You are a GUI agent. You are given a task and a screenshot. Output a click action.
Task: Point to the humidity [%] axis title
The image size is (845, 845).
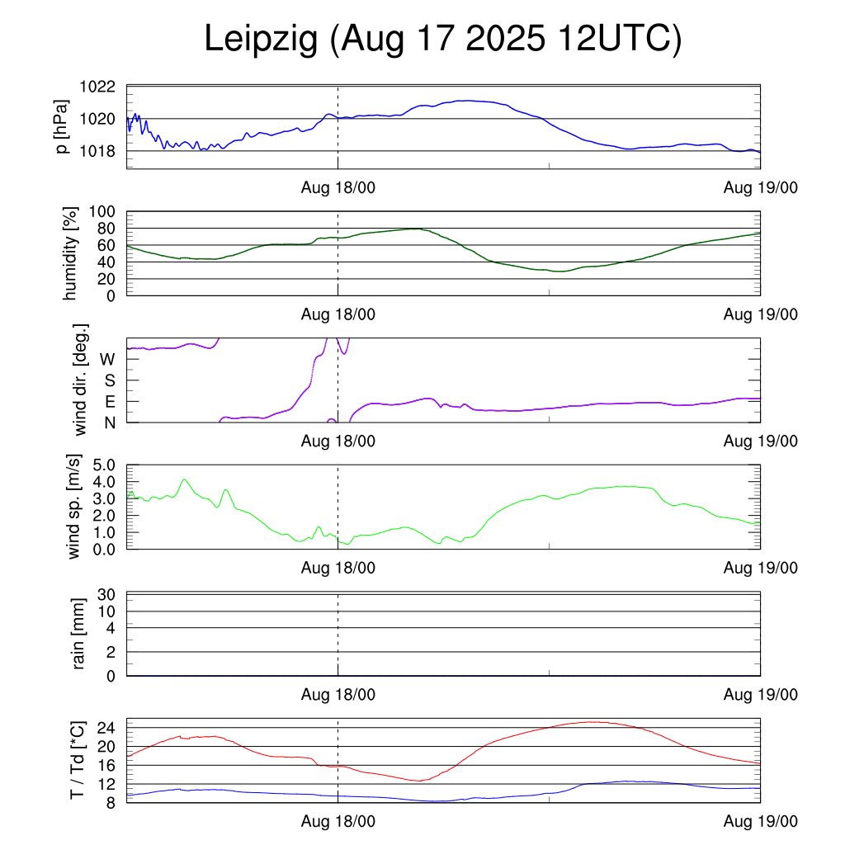tap(72, 253)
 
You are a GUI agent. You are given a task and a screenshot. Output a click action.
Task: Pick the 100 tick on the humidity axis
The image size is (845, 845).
tap(105, 211)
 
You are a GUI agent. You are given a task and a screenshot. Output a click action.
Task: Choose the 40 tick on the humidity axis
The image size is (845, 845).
tap(108, 262)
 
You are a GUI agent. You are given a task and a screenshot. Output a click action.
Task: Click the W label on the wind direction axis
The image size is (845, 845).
tap(107, 359)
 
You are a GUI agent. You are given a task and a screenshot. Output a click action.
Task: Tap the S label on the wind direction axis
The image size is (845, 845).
tap(108, 380)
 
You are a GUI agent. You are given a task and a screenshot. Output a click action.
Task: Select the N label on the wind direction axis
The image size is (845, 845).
tap(108, 422)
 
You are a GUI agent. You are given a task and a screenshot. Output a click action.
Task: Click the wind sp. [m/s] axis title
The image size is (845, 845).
tap(75, 507)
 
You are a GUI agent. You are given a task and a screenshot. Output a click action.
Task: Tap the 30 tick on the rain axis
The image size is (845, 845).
tap(108, 595)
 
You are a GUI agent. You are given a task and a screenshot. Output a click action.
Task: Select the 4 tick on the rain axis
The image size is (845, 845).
tap(111, 628)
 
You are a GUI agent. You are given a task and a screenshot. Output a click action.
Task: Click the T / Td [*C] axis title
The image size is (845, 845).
tap(77, 760)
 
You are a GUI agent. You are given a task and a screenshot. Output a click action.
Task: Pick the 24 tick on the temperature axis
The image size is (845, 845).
tap(108, 728)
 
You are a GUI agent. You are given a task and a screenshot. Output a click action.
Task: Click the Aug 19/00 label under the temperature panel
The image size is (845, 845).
tap(761, 821)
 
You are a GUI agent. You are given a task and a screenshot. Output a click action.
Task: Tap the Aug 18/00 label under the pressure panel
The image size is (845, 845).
tap(338, 187)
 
